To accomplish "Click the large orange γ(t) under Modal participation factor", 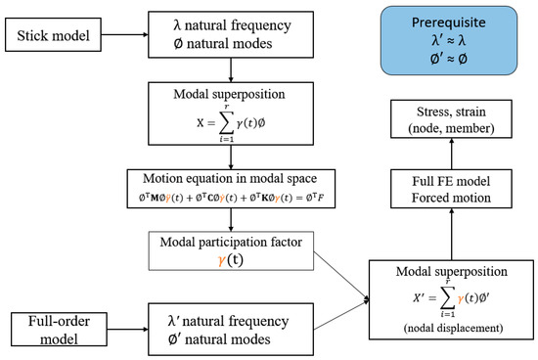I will point(227,261).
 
